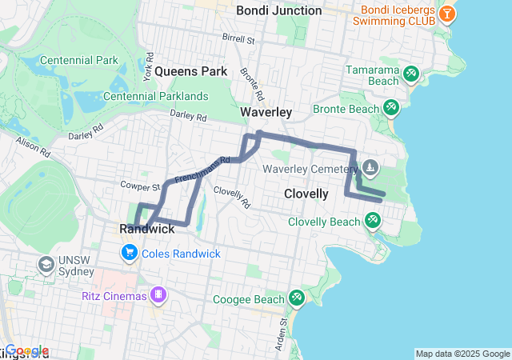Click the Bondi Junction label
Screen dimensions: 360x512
(x=278, y=10)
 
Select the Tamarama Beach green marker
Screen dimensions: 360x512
(x=410, y=74)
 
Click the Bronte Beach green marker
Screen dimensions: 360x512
(x=390, y=107)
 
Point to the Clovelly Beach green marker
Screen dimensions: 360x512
(x=371, y=219)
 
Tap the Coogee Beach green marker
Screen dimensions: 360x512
(x=296, y=298)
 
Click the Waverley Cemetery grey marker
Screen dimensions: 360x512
(x=370, y=168)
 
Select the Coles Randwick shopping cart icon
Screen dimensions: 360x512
(x=129, y=254)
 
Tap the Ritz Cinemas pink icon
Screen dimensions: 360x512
(x=159, y=295)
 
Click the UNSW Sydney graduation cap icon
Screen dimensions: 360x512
(x=46, y=263)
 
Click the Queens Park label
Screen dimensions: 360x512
(x=191, y=71)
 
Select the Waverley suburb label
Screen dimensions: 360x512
(x=266, y=113)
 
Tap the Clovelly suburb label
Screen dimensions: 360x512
(x=306, y=194)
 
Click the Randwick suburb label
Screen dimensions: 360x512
(x=146, y=229)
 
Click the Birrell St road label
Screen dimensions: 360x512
(x=238, y=38)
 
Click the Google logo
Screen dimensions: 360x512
(x=26, y=350)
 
